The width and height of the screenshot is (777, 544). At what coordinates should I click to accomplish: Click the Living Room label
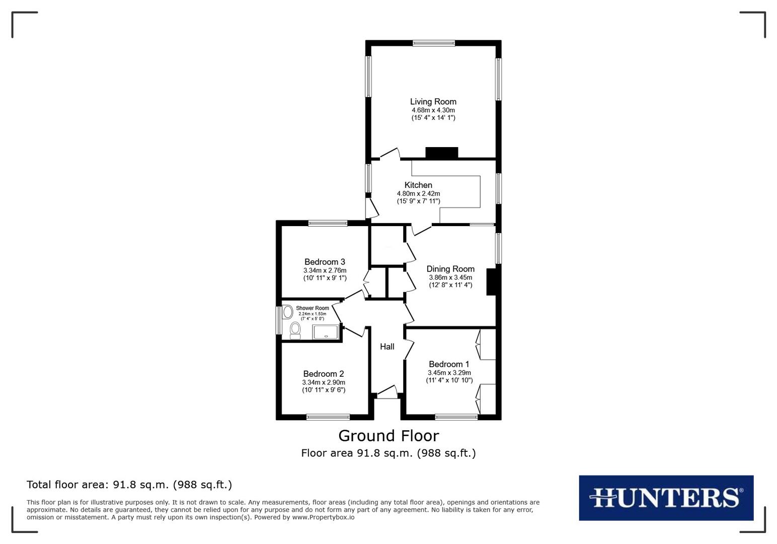pos(433,102)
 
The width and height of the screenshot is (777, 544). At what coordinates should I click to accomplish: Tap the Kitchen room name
pos(418,185)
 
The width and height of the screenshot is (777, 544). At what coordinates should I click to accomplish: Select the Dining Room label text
pos(450,269)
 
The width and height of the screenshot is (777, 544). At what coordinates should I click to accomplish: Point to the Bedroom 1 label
pos(449,364)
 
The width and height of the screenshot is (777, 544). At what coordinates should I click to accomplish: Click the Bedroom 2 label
pos(324,374)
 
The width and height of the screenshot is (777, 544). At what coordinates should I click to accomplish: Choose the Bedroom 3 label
pos(325,262)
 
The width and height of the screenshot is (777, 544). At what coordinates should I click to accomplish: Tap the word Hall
pos(387,347)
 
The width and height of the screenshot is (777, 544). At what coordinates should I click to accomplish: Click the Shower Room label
pos(313,308)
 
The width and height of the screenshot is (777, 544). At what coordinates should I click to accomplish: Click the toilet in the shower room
pos(295,330)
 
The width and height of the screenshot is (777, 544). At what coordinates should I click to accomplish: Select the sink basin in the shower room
pos(288,312)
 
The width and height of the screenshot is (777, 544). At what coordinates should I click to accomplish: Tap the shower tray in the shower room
pos(326,332)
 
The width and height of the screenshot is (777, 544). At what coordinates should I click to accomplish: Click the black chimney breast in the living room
pos(441,153)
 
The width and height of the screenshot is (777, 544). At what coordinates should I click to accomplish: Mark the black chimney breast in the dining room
pos(492,282)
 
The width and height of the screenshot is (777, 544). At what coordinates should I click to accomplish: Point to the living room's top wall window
pos(434,43)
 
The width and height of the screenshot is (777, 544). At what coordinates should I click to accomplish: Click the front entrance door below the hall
pos(387,392)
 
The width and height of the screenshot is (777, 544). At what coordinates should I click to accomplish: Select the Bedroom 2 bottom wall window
pos(328,417)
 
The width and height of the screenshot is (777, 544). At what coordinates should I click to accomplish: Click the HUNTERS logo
pos(666,498)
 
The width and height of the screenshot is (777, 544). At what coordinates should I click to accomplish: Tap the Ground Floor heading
pos(388,436)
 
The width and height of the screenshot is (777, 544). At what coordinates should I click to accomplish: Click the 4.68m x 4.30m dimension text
pos(433,110)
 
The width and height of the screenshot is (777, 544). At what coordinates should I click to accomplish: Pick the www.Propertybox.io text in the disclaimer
pos(323,517)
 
